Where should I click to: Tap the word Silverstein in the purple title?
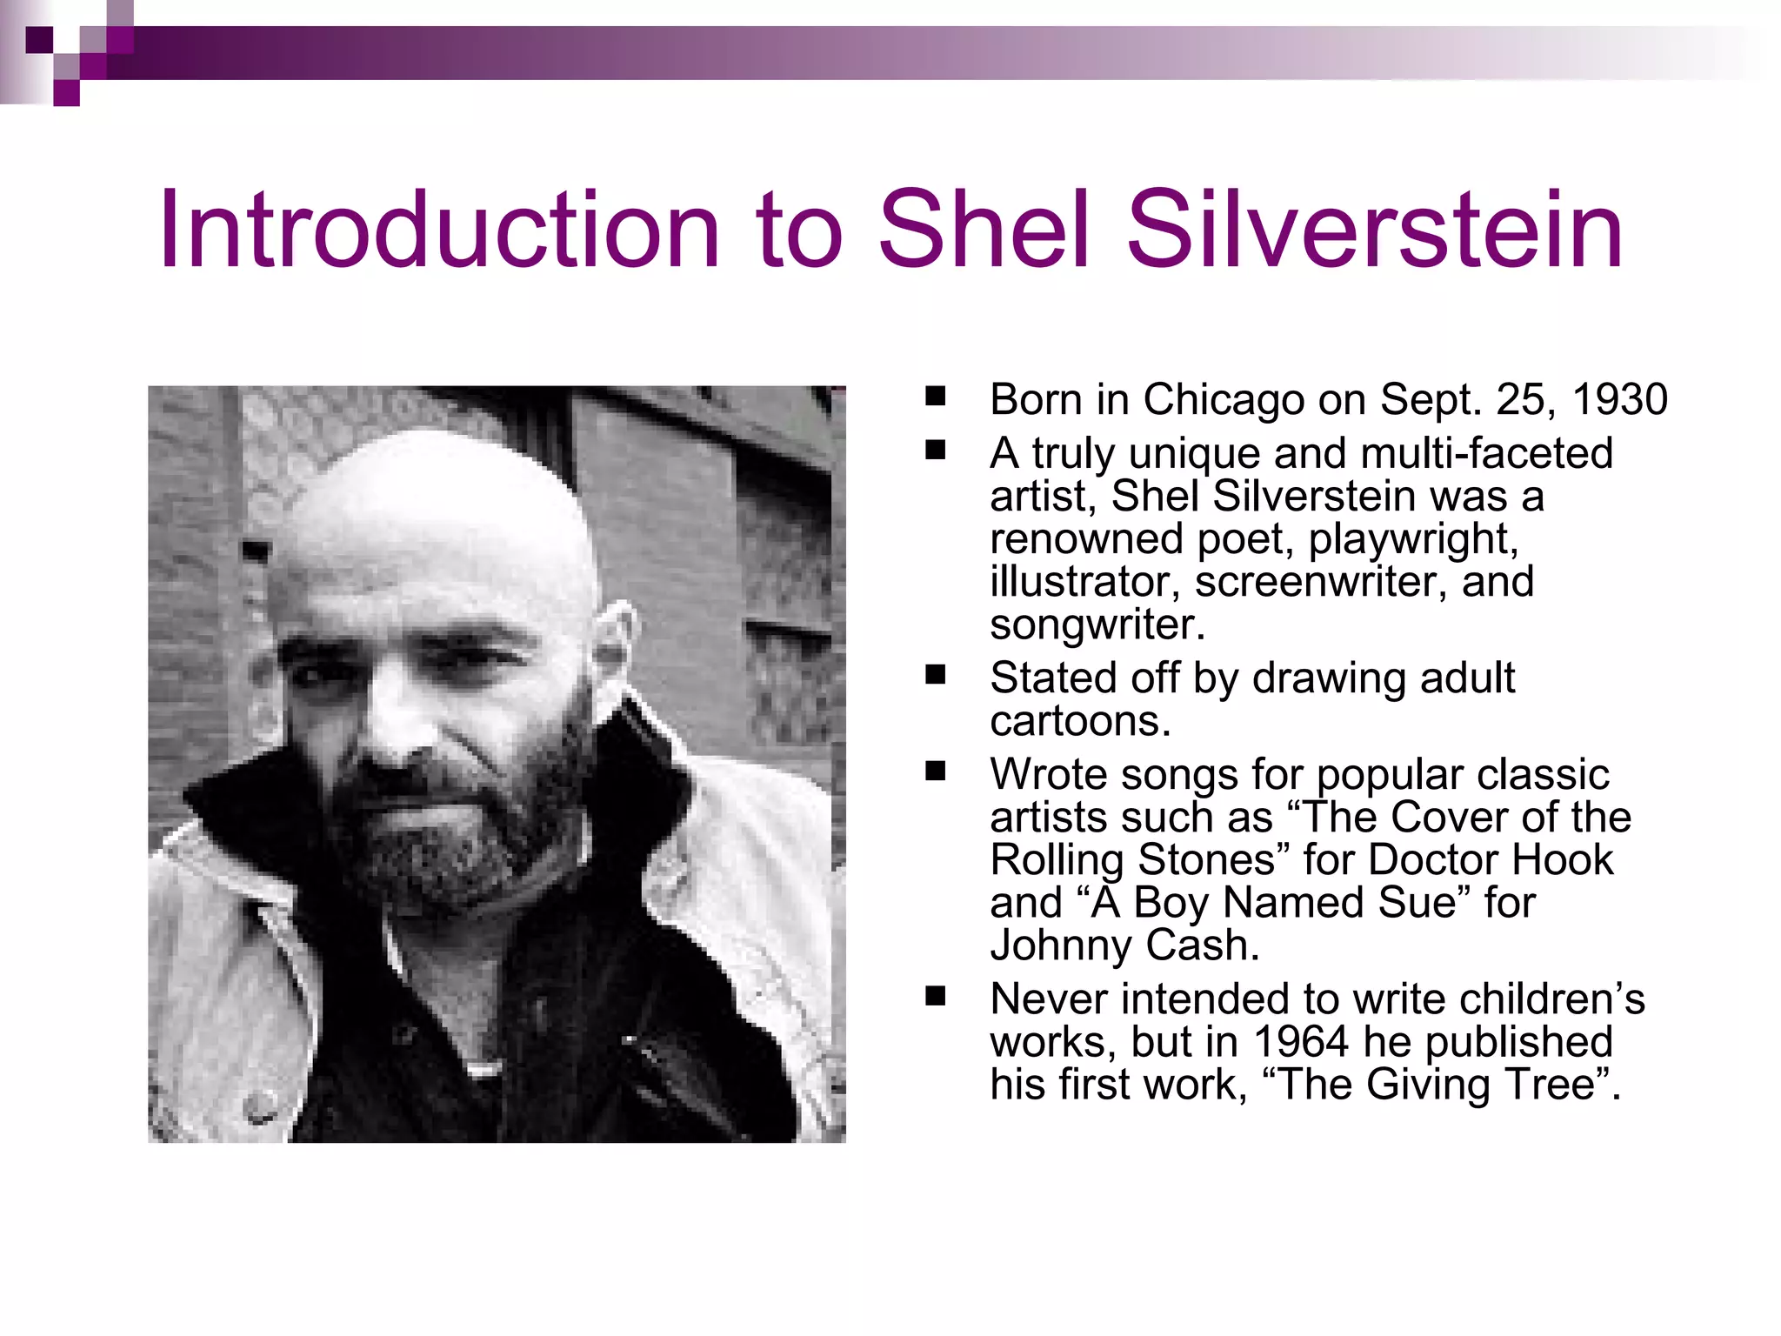click(x=1374, y=230)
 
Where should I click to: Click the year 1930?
click(x=1619, y=400)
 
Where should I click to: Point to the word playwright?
click(x=1413, y=539)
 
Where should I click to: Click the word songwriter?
click(x=1096, y=625)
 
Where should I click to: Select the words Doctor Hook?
click(x=1490, y=860)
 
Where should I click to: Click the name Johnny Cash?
click(x=1124, y=945)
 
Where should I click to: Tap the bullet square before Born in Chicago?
click(x=936, y=397)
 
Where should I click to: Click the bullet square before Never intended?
click(x=936, y=997)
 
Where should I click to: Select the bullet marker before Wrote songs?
click(x=936, y=772)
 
